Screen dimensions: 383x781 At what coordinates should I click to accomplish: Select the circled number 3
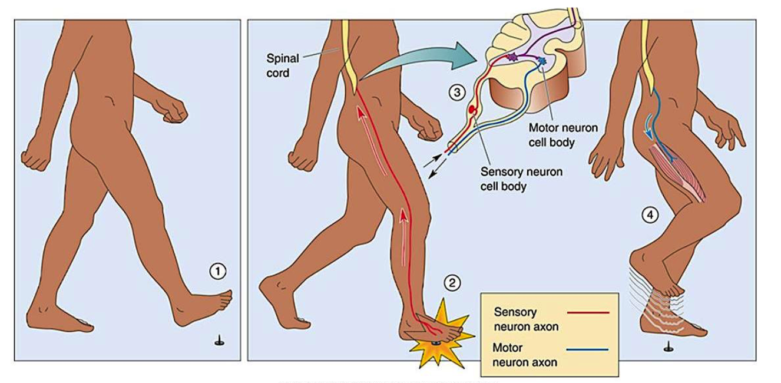tap(456, 92)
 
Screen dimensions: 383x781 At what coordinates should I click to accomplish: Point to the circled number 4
tap(650, 216)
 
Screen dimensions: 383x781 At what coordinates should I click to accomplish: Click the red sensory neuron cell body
tap(472, 110)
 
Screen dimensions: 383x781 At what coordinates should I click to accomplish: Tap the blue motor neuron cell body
tap(540, 60)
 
